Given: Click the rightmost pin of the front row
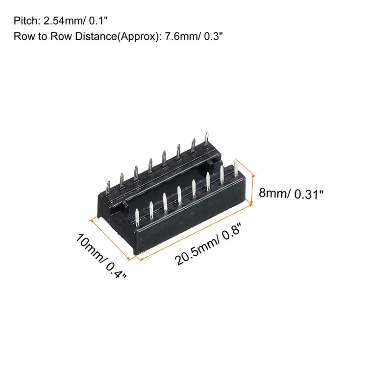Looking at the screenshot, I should pos(237,169).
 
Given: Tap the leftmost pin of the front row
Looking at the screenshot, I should pos(137,216).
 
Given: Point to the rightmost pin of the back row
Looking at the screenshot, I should pos(207,140).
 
